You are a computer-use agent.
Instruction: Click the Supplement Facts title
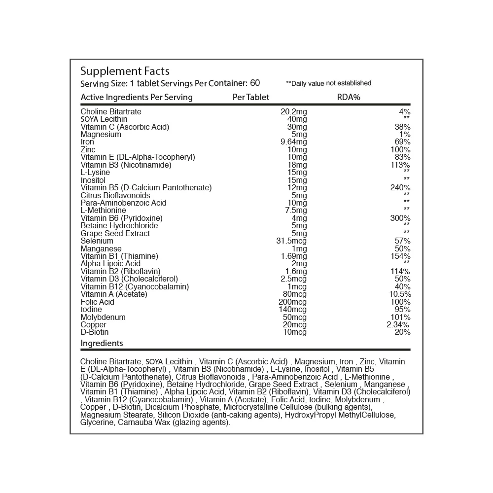125,71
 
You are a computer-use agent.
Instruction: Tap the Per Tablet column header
251,97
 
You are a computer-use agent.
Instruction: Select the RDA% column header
349,97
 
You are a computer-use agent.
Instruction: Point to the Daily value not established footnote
329,83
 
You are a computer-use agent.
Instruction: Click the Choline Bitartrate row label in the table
111,112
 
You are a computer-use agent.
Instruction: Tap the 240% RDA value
400,188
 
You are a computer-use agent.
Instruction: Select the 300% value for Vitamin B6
400,218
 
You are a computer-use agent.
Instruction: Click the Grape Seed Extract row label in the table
115,233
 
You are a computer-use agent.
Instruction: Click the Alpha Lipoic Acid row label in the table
110,264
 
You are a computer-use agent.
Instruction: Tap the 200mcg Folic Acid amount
292,302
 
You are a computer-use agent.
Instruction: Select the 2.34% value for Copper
398,325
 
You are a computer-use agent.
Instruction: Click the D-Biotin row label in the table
94,332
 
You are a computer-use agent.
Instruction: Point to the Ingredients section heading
102,343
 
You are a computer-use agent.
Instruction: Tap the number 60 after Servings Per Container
255,83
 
